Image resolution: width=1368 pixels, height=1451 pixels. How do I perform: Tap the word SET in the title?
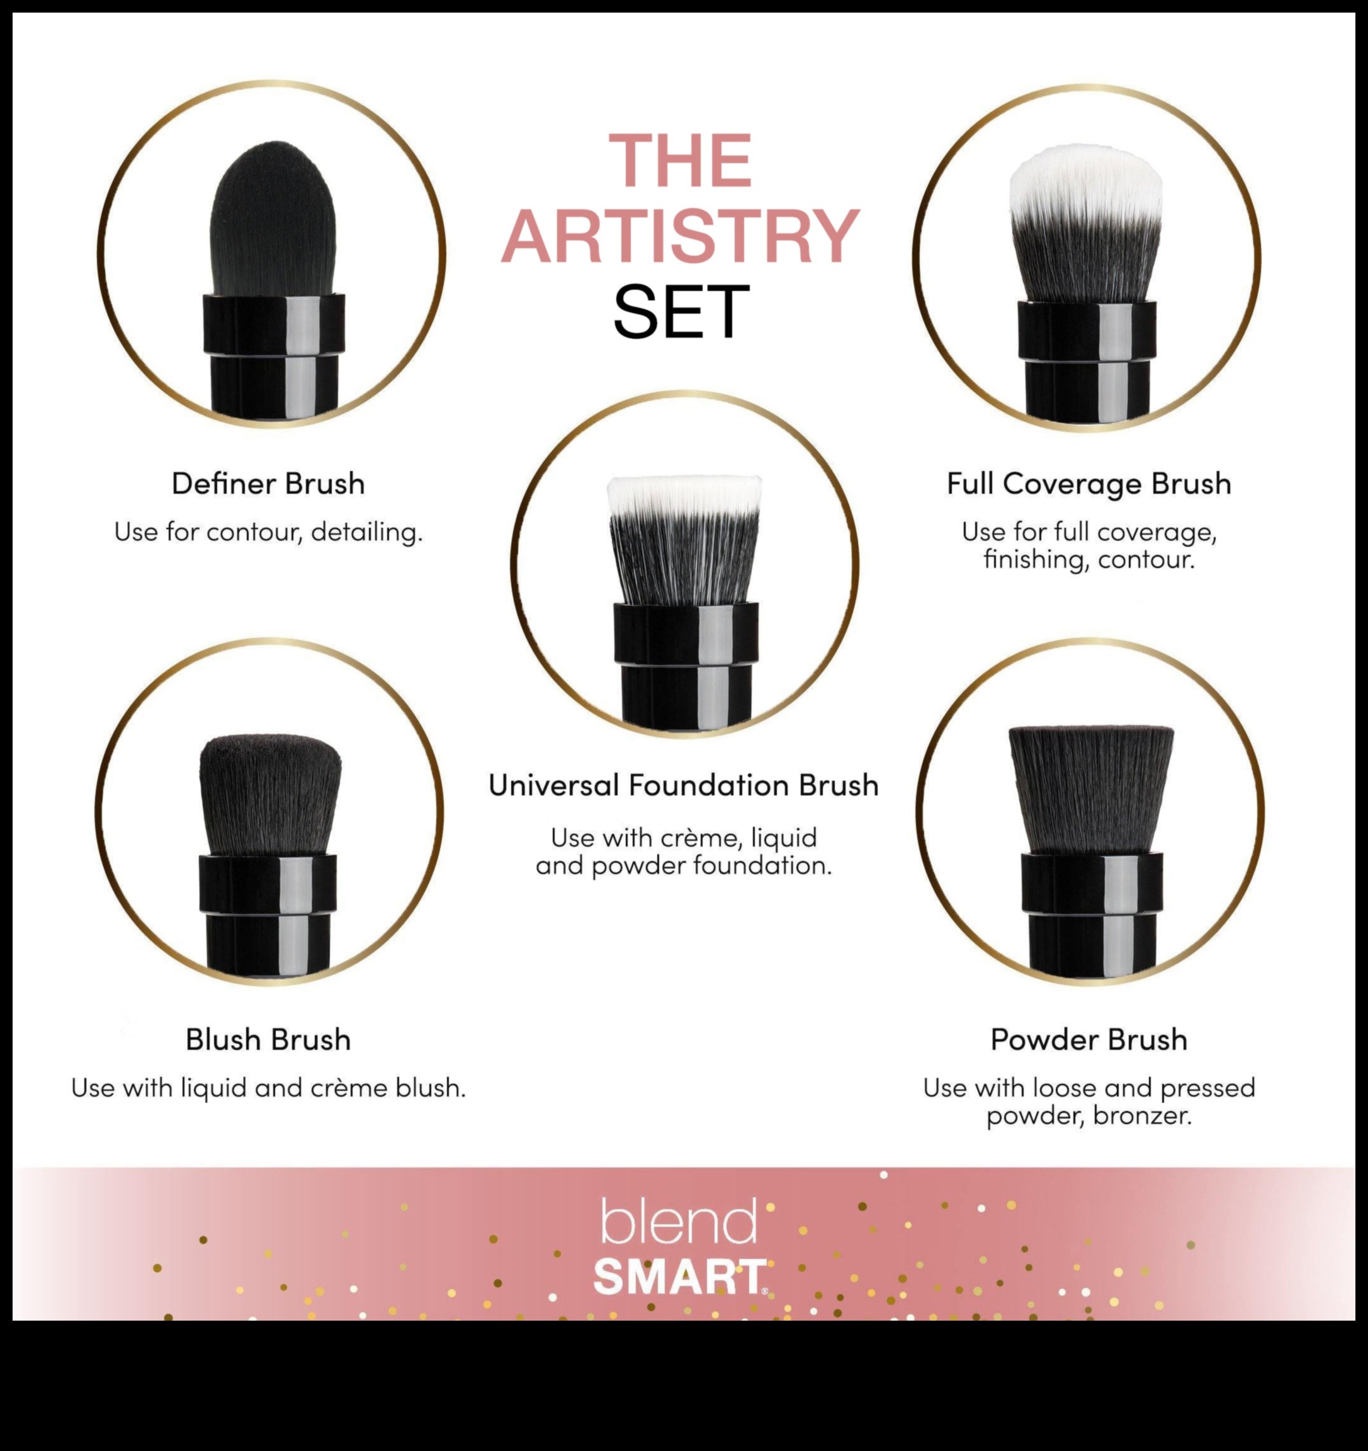(680, 312)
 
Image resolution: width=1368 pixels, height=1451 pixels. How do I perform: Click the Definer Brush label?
(268, 484)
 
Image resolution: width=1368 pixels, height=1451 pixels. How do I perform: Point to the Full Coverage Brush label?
(1088, 484)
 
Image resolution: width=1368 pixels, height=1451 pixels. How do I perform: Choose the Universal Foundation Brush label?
(684, 785)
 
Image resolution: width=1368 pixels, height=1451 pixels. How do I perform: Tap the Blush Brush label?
(268, 1039)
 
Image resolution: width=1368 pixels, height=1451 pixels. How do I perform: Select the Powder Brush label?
(1088, 1039)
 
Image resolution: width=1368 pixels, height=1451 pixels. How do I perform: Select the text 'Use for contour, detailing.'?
(268, 532)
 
